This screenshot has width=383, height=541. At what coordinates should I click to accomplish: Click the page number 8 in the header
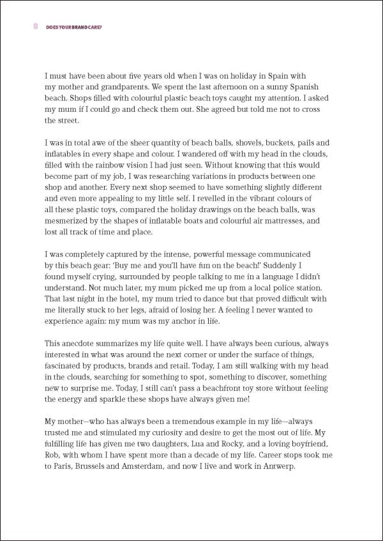(x=34, y=26)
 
